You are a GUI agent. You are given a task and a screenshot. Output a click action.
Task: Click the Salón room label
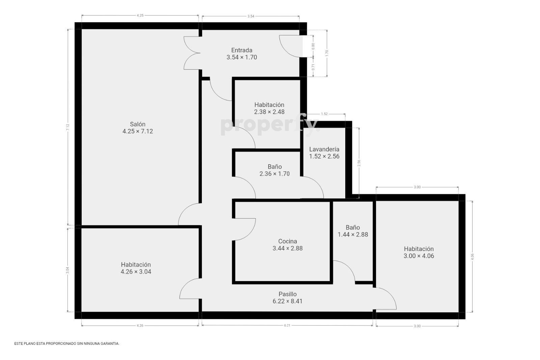point(138,124)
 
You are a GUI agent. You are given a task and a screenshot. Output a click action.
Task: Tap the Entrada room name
point(242,50)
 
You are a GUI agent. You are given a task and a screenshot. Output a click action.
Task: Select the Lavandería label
point(324,149)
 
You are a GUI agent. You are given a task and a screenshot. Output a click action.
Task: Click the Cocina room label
point(288,241)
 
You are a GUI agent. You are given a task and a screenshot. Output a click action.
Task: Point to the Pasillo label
point(288,294)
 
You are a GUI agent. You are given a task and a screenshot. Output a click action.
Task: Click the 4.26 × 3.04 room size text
point(136,272)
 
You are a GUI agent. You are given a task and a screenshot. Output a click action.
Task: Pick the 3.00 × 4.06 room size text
point(419,256)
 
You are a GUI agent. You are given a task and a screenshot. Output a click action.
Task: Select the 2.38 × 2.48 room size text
point(269,112)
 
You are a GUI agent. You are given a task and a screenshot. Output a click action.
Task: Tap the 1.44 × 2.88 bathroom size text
point(353,234)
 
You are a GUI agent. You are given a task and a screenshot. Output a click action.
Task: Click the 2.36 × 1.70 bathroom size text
point(275,174)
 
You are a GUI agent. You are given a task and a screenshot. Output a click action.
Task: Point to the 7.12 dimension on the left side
point(68,127)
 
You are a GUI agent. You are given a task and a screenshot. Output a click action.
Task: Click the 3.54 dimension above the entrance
point(251,16)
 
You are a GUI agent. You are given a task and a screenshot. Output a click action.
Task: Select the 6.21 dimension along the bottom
point(287,325)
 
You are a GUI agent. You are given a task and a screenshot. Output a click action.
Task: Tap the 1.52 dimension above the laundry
point(324,114)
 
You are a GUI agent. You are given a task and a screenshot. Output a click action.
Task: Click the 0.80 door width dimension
point(313,46)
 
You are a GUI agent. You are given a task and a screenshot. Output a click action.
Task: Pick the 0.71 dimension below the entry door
point(313,67)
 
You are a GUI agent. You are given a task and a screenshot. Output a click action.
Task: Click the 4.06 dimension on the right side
point(473,257)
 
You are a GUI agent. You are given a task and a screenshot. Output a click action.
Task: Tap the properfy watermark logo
point(270,125)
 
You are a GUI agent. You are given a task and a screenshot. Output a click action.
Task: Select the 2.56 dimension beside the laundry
point(359,163)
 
